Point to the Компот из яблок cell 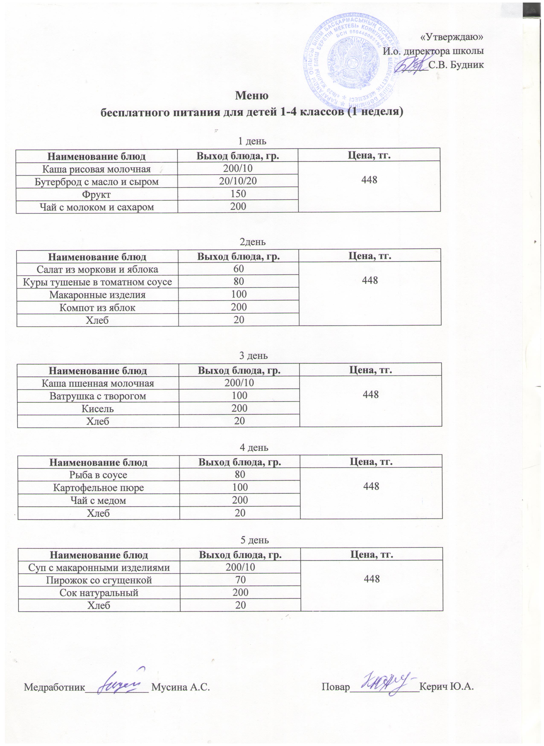(97, 307)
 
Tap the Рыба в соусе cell (99, 475)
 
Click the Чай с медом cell (99, 500)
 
